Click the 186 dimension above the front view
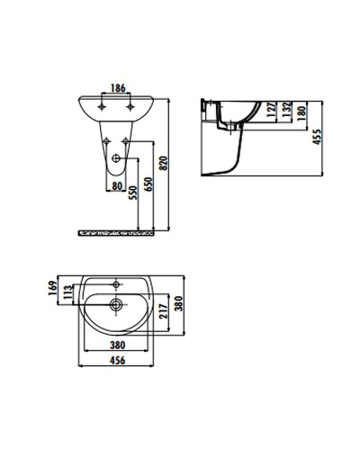click(116, 89)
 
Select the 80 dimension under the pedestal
click(117, 187)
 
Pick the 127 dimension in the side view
click(275, 110)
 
